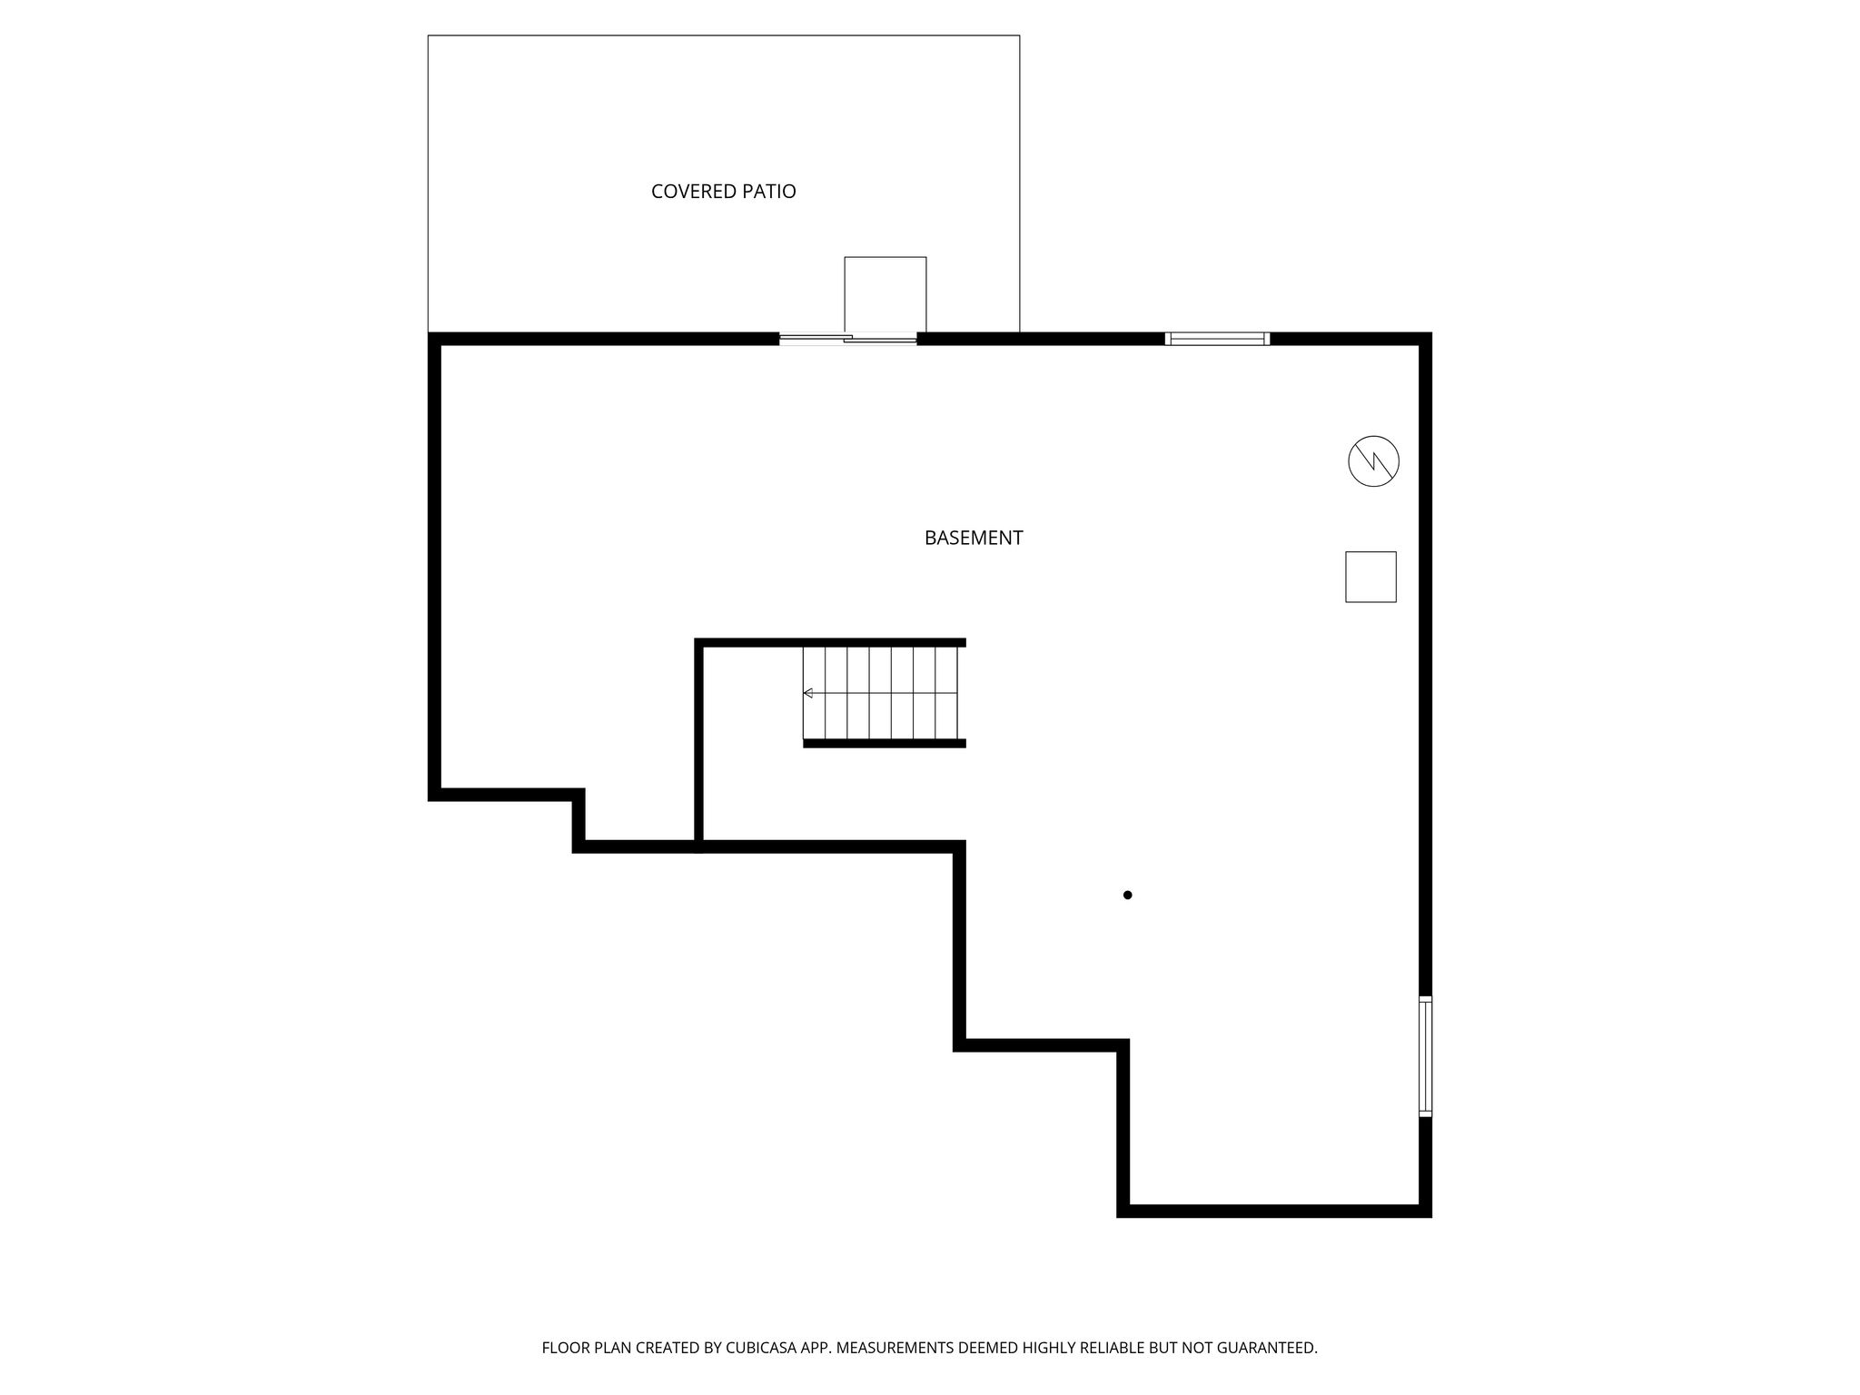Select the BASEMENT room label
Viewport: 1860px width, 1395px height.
pyautogui.click(x=974, y=538)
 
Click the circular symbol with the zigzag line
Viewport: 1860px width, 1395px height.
pyautogui.click(x=1373, y=461)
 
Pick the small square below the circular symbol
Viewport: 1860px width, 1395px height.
pyautogui.click(x=1370, y=577)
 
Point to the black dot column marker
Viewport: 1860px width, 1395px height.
pyautogui.click(x=1127, y=895)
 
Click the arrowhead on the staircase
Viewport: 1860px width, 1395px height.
pyautogui.click(x=807, y=693)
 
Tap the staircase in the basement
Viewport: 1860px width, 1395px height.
pyautogui.click(x=880, y=693)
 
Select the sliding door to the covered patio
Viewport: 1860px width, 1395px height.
pyautogui.click(x=848, y=340)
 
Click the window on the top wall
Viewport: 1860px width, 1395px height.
pyautogui.click(x=1217, y=339)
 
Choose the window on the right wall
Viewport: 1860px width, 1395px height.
pyautogui.click(x=1425, y=1056)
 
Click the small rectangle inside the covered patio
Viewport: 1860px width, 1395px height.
pyautogui.click(x=885, y=294)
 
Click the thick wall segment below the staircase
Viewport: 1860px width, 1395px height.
pyautogui.click(x=885, y=743)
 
